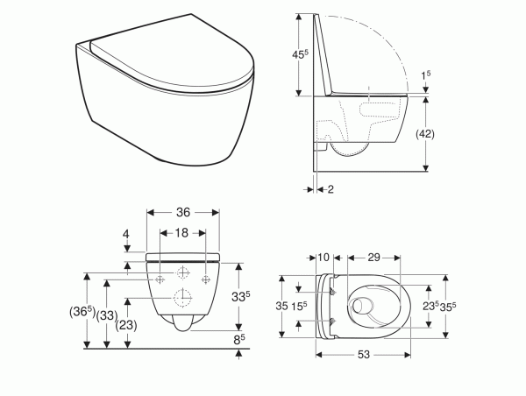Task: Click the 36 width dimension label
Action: pos(183,212)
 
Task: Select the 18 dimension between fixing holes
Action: pos(181,233)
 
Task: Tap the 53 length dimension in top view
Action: pos(363,355)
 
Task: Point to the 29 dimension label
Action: pos(373,258)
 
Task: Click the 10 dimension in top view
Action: pos(323,258)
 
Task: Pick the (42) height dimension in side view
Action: pos(425,134)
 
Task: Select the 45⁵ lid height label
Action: pos(300,54)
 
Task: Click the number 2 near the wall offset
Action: pos(331,189)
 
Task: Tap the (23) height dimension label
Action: pos(126,325)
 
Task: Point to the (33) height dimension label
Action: pos(107,315)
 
